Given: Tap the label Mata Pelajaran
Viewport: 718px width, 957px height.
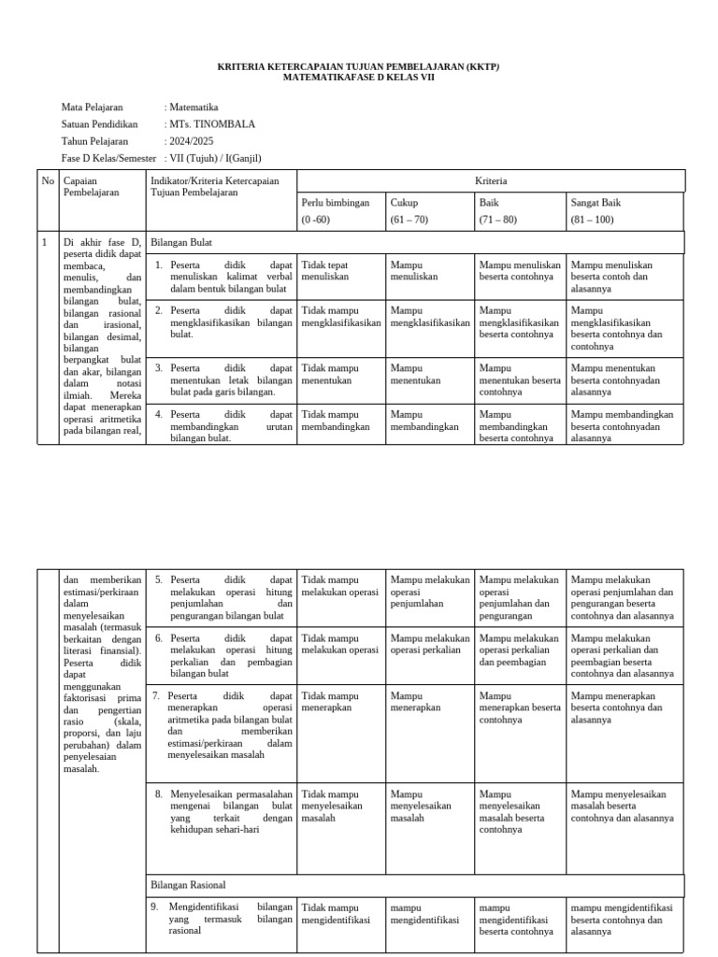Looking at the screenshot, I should click(93, 107).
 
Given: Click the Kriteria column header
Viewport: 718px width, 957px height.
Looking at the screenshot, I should click(491, 180).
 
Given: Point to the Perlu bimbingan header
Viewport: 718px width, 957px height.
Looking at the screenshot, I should click(336, 202).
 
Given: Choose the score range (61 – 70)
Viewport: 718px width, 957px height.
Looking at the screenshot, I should click(409, 220).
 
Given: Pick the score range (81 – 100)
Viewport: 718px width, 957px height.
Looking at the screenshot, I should click(592, 220).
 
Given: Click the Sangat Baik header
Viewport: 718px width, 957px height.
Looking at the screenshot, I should click(596, 202).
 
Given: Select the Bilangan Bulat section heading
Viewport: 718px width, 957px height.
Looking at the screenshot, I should click(181, 242).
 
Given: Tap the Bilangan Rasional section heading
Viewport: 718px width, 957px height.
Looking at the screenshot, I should click(188, 884).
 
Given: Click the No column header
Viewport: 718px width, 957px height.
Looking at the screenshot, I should click(48, 180).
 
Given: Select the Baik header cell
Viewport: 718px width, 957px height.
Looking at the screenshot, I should click(488, 202).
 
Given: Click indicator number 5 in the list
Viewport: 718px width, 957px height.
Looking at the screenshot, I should click(158, 579).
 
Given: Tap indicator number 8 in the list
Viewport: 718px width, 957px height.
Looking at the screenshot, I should click(158, 794).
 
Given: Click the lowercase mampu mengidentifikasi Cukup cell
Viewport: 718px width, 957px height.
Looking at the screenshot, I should click(424, 913).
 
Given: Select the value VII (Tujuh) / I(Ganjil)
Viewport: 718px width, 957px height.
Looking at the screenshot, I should click(216, 158).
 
